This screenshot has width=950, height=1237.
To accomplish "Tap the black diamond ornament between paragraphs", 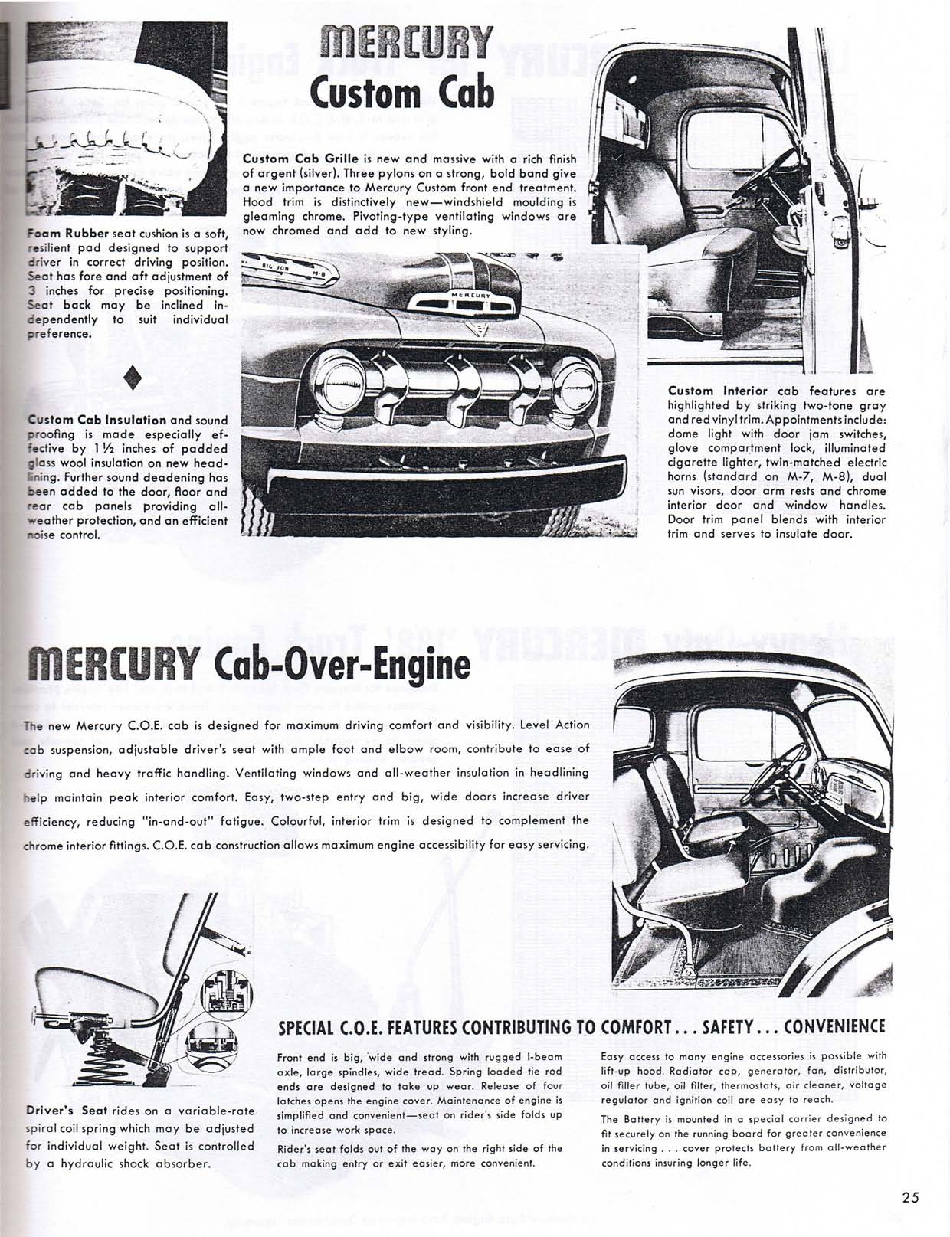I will (x=134, y=378).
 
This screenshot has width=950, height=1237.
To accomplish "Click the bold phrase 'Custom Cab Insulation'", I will (x=97, y=420).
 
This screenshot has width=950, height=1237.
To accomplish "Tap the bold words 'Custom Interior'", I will (x=717, y=391).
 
